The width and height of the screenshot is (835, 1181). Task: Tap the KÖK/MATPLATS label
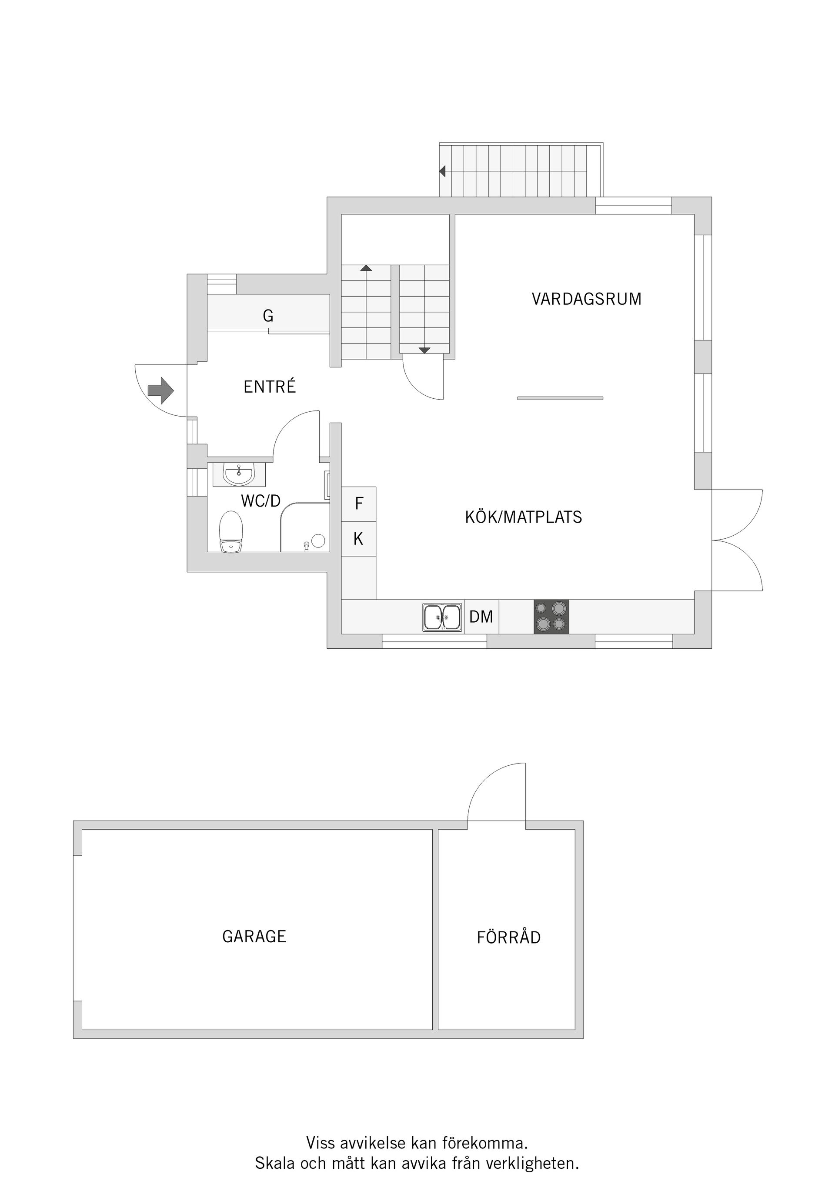click(x=523, y=517)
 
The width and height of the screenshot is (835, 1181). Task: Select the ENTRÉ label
click(x=270, y=387)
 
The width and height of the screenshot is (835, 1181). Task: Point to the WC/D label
click(x=261, y=500)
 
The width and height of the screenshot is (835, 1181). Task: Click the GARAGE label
click(x=254, y=936)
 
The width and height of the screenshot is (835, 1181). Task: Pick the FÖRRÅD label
click(x=509, y=937)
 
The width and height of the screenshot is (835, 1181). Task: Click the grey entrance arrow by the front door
click(x=160, y=390)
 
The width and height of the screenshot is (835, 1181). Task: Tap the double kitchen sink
click(x=442, y=617)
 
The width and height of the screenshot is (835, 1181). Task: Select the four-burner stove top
click(x=551, y=617)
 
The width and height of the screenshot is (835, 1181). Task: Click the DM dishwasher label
click(x=481, y=617)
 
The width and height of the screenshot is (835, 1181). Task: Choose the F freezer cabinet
click(x=359, y=504)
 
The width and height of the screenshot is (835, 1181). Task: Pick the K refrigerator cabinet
click(x=359, y=539)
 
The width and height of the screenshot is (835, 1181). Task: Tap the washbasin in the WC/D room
click(x=239, y=474)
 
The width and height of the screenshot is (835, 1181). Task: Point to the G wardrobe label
click(x=268, y=316)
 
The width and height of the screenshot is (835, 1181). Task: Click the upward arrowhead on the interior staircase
click(x=366, y=268)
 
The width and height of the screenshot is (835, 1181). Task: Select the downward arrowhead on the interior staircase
click(x=424, y=350)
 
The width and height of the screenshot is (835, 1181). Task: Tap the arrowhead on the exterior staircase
click(x=442, y=171)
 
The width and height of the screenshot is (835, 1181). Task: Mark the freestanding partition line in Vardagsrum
click(x=560, y=398)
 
